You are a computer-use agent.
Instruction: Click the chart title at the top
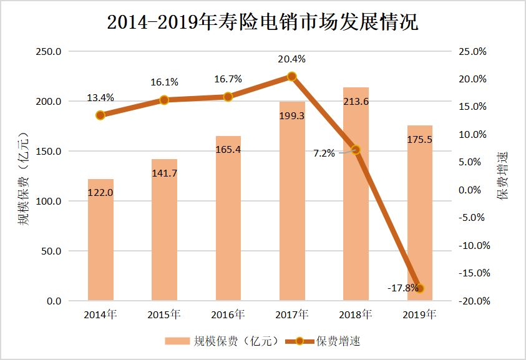pyautogui.click(x=263, y=23)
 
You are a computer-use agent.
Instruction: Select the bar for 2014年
pyautogui.click(x=100, y=240)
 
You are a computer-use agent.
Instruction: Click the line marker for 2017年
pyautogui.click(x=291, y=77)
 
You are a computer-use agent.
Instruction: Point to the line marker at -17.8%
pyautogui.click(x=419, y=288)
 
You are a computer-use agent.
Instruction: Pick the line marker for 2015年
pyautogui.click(x=164, y=100)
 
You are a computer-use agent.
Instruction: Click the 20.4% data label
pyautogui.click(x=291, y=60)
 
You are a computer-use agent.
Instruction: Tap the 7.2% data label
pyautogui.click(x=324, y=152)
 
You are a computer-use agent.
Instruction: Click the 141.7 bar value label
pyautogui.click(x=164, y=173)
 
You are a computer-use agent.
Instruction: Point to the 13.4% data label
pyautogui.click(x=100, y=97)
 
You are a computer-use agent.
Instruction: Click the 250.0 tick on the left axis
pyautogui.click(x=48, y=52)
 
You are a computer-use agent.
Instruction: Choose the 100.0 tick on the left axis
pyautogui.click(x=48, y=202)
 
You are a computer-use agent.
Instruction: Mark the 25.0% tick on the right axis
pyautogui.click(x=472, y=52)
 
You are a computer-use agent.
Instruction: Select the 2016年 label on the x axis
pyautogui.click(x=228, y=314)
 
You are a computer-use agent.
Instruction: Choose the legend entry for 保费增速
pyautogui.click(x=324, y=341)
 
